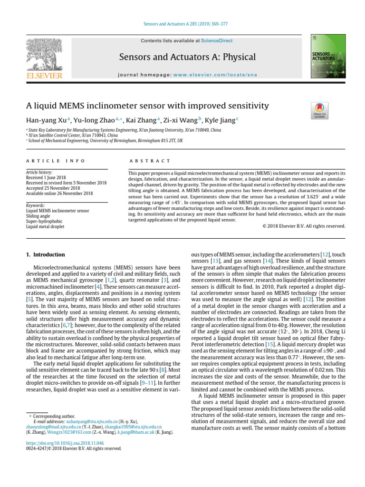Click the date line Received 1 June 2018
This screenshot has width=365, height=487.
point(48,177)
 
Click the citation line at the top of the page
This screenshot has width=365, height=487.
point(182,24)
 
